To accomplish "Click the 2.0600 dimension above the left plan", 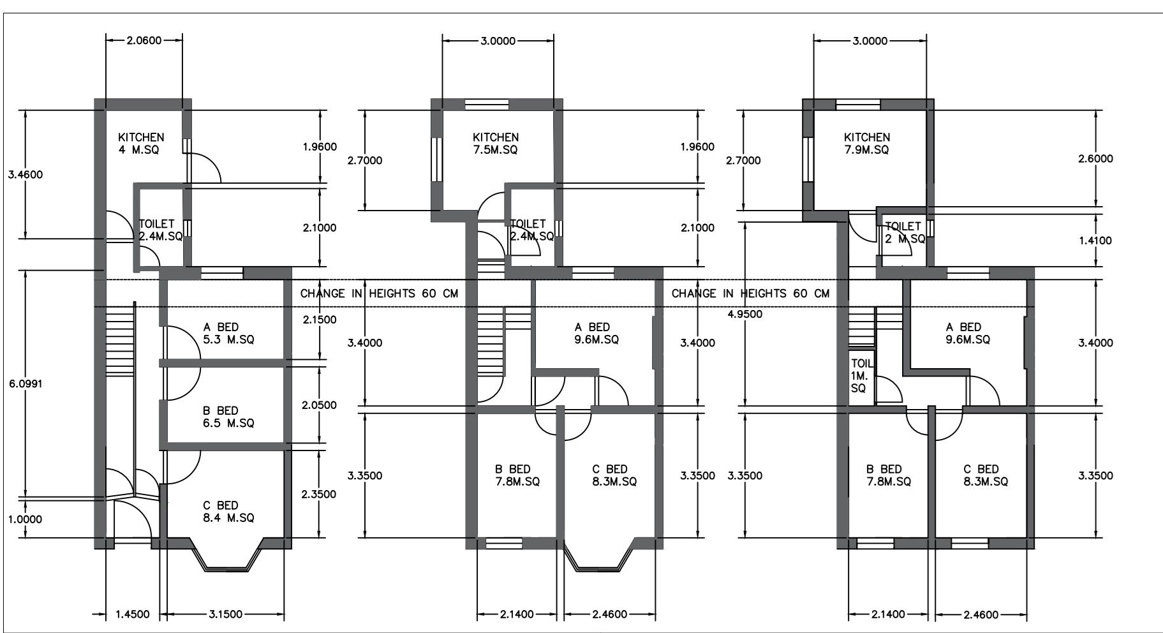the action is [x=144, y=40].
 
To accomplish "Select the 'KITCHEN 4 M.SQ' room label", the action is [x=141, y=144].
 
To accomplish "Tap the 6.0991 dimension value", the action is [x=26, y=384].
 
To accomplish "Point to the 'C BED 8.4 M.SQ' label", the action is [x=228, y=512].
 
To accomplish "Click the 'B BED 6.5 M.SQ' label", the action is [x=228, y=417].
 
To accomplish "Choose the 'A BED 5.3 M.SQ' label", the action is [x=228, y=333].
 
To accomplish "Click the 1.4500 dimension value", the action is [x=132, y=614].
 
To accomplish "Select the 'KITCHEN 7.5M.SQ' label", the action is [x=496, y=144].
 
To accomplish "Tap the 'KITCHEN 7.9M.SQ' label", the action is [x=866, y=144].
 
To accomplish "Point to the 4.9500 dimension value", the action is [x=744, y=314].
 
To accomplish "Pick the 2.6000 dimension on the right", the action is [x=1095, y=159].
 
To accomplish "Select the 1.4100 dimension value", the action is [x=1095, y=241].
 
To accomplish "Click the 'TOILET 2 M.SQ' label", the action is [x=905, y=232].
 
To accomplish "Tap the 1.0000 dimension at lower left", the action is [x=26, y=519].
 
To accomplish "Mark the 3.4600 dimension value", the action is [x=26, y=175].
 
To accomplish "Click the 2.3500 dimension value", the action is [x=318, y=494].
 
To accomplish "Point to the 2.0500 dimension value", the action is [x=318, y=405].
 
